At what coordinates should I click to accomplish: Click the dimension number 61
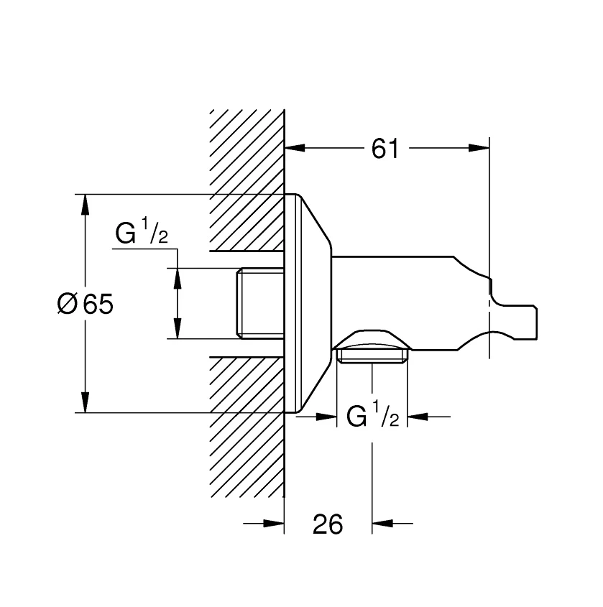pos(385,149)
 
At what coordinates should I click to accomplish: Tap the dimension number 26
pos(328,524)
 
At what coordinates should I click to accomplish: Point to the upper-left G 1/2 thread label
pos(142,231)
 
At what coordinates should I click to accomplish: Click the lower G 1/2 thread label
pos(372,414)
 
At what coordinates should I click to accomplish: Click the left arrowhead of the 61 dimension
pos(295,147)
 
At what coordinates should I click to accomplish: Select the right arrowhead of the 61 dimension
pos(479,147)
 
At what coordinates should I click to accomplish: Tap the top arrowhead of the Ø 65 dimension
pos(86,204)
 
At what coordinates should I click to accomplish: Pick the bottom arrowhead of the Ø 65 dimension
pos(86,402)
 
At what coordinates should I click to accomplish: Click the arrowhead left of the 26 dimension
pos(274,524)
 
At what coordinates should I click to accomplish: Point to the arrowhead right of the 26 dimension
pos(382,524)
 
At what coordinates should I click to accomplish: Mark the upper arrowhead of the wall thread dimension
pos(178,278)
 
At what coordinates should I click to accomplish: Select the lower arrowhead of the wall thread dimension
pos(178,328)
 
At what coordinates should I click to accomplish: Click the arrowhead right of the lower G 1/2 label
pos(418,417)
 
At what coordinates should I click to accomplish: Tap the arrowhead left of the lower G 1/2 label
pos(326,417)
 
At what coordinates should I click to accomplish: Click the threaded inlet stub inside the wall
pos(260,303)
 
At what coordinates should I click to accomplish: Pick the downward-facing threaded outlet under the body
pos(372,356)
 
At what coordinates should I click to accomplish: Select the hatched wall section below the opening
pos(247,427)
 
